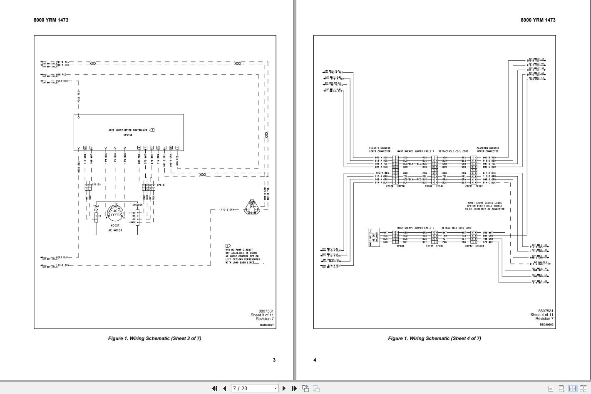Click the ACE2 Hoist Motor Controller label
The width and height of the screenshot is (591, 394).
tap(128, 130)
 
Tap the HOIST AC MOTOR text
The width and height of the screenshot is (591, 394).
tap(115, 228)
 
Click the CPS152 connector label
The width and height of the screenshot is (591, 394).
tap(97, 185)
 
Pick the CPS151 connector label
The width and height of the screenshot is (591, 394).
tap(161, 185)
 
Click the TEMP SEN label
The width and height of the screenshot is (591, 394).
tap(96, 208)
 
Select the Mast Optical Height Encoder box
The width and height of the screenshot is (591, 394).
tap(374, 237)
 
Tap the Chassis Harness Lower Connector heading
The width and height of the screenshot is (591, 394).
tap(380, 150)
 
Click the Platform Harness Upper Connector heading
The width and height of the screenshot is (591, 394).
tap(488, 150)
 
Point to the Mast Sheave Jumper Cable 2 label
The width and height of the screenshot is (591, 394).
tap(415, 228)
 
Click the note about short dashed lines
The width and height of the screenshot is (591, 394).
tap(485, 206)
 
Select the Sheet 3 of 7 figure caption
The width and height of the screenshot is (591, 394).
tap(154, 338)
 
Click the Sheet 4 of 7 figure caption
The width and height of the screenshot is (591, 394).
tap(434, 338)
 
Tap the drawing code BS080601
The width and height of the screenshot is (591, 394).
tap(267, 325)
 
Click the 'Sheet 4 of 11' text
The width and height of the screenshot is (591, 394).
tap(541, 315)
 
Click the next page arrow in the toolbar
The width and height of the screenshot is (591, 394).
tap(284, 388)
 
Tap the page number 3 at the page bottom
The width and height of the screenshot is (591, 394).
tap(274, 360)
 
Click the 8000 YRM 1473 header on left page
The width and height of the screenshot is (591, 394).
tap(51, 20)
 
